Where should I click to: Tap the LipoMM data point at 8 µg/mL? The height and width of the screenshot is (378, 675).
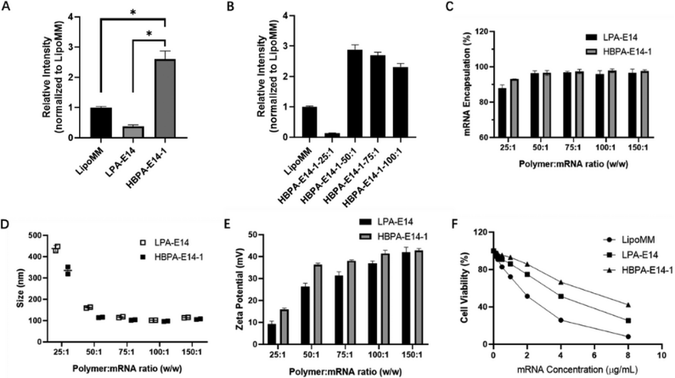click(x=628, y=336)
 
